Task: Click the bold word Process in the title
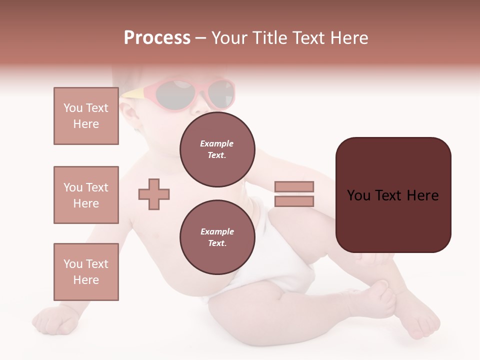tap(157, 38)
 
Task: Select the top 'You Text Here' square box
tap(86, 116)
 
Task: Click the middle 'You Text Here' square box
tap(86, 195)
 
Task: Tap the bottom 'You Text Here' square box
tap(86, 272)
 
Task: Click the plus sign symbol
tap(154, 194)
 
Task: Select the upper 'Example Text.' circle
tap(217, 149)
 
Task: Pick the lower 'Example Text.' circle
tap(217, 237)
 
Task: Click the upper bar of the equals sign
tap(294, 186)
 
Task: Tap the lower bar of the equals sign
tap(294, 201)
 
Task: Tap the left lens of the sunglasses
tap(175, 94)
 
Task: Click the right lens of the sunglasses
tap(220, 94)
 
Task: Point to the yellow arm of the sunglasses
tap(137, 92)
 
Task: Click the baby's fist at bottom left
tap(57, 320)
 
